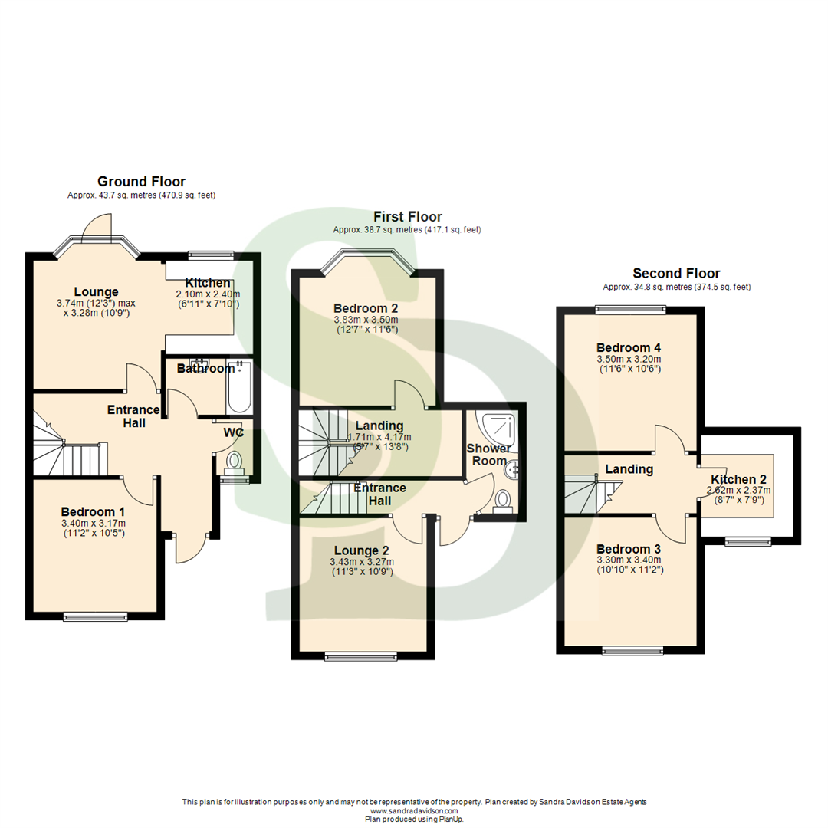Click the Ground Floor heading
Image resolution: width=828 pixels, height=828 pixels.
pyautogui.click(x=141, y=182)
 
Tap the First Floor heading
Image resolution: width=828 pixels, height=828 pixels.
pyautogui.click(x=407, y=217)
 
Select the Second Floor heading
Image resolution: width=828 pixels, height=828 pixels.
pyautogui.click(x=676, y=274)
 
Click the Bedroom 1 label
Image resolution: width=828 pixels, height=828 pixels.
pyautogui.click(x=93, y=511)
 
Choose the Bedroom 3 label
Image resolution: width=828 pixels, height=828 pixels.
pyautogui.click(x=629, y=549)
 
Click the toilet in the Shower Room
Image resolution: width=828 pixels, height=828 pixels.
pyautogui.click(x=503, y=500)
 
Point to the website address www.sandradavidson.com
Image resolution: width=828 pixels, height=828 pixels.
pyautogui.click(x=414, y=810)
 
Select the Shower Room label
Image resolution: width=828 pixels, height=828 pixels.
pyautogui.click(x=489, y=454)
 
